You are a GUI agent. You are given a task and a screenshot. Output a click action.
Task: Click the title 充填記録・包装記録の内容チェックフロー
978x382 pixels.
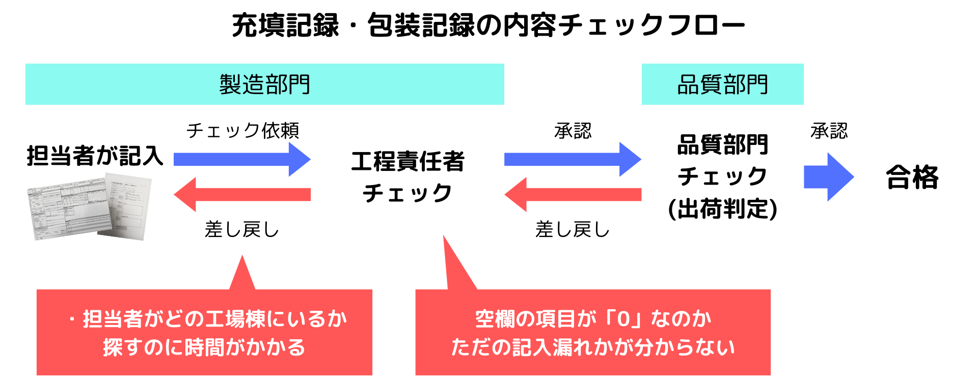tap(488, 25)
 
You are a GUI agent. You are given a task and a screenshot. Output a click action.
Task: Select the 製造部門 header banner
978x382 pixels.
tap(264, 84)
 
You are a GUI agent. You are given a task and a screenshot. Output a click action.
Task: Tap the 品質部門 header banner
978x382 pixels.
tap(722, 84)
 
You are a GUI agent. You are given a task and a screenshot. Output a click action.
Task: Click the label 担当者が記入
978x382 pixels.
tap(95, 156)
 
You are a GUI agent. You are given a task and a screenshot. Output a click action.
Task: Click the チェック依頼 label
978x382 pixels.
tap(242, 131)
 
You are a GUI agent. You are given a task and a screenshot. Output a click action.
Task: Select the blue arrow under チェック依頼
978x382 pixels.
tap(242, 159)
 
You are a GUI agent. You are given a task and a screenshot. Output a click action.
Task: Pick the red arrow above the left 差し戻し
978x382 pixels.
tap(242, 194)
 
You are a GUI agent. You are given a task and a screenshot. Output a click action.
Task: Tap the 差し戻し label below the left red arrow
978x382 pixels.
tap(242, 230)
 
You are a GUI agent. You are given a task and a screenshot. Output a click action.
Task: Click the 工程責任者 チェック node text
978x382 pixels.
tap(407, 177)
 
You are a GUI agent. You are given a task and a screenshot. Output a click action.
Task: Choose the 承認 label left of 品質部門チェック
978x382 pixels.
tap(573, 131)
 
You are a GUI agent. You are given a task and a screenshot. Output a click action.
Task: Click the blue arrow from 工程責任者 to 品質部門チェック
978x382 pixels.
tap(572, 159)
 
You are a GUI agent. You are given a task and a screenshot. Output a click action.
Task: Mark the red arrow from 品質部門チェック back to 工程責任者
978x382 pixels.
tap(572, 194)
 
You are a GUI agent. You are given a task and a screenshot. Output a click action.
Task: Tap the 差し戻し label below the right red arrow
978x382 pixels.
tap(572, 230)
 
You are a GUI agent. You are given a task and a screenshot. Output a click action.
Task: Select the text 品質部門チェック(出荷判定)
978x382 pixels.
tap(722, 177)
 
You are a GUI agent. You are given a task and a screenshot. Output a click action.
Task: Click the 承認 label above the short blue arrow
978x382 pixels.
tap(829, 131)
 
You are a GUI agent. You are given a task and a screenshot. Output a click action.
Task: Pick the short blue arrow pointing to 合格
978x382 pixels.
tap(828, 177)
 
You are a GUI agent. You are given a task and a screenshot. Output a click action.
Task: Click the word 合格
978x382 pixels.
tap(912, 178)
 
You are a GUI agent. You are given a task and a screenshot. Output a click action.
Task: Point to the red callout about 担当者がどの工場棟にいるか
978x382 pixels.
tap(204, 333)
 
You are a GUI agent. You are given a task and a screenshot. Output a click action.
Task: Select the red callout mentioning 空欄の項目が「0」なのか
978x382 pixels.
tap(593, 333)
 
